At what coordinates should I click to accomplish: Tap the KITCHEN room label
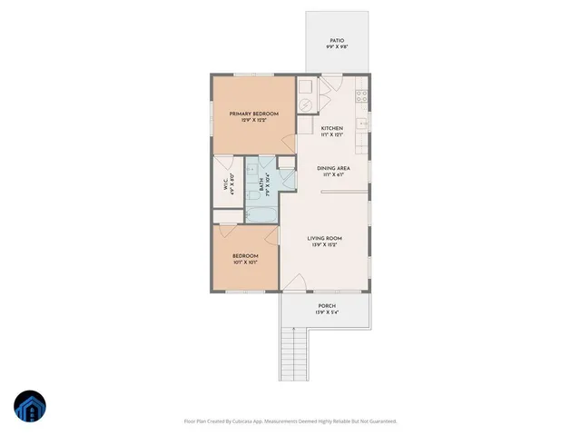[x=332, y=128]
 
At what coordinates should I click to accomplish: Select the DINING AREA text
[x=333, y=168]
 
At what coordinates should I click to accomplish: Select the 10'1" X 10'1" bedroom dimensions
[x=245, y=263]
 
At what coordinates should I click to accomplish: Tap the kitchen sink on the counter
[x=361, y=122]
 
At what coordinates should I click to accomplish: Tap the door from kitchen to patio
[x=332, y=83]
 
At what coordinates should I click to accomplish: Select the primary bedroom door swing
[x=290, y=144]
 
